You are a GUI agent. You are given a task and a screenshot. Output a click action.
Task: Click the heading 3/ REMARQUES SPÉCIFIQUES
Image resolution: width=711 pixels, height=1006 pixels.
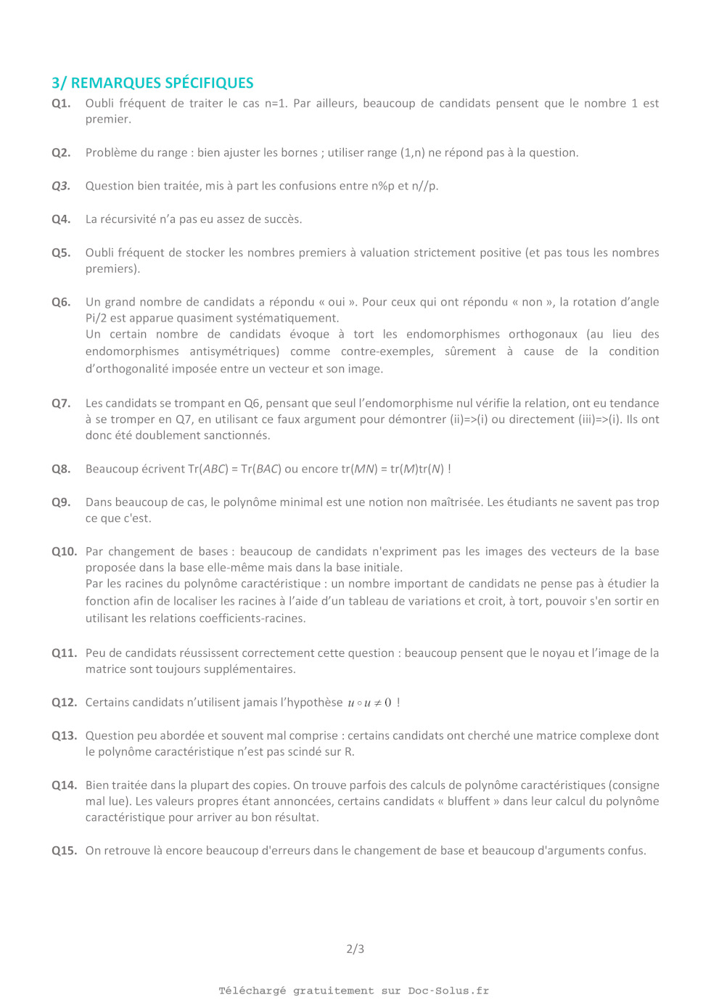click(152, 83)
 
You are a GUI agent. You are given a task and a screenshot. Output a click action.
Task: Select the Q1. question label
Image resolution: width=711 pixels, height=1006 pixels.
click(61, 103)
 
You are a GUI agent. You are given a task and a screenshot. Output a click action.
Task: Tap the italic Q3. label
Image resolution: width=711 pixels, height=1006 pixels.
click(61, 186)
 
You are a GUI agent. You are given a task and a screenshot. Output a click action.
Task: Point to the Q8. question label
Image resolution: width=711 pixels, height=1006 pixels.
click(61, 469)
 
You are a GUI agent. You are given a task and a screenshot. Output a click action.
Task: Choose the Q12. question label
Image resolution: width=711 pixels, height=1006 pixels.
click(64, 702)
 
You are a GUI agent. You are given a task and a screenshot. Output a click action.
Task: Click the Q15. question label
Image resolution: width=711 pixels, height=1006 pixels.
click(64, 850)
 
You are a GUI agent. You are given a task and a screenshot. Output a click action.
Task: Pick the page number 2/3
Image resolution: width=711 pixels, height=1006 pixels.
click(355, 949)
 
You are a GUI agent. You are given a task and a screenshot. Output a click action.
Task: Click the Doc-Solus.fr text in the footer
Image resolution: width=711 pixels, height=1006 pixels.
click(448, 991)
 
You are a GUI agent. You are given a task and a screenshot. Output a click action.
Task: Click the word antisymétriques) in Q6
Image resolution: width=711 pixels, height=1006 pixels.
click(234, 351)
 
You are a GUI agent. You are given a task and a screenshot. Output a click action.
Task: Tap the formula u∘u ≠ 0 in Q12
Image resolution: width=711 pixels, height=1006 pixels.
click(369, 703)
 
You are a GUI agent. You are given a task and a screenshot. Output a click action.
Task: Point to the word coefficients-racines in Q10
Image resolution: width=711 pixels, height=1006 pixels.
click(252, 618)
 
